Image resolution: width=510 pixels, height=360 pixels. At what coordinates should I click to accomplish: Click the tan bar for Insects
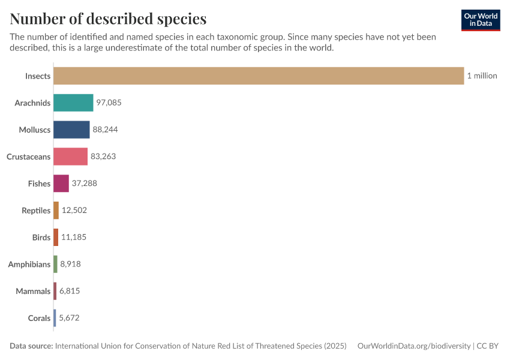click(258, 76)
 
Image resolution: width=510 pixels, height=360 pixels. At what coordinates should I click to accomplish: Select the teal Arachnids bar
click(73, 103)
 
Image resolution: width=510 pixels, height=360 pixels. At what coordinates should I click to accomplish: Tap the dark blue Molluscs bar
click(71, 130)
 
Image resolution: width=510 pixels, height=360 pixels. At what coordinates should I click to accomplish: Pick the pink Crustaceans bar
click(70, 157)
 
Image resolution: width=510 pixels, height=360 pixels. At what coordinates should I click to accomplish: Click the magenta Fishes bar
click(61, 184)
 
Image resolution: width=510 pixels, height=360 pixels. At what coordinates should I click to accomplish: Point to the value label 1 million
click(482, 76)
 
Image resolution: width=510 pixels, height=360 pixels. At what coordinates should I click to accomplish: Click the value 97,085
click(109, 103)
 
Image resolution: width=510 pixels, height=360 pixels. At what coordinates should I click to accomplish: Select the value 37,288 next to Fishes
click(84, 184)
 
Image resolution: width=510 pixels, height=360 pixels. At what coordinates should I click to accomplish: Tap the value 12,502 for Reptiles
click(74, 211)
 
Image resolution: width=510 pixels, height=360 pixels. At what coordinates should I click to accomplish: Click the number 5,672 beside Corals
click(69, 318)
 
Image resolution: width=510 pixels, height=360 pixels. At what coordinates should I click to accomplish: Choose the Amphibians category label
click(29, 264)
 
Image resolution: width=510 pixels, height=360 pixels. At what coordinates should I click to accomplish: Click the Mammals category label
click(33, 291)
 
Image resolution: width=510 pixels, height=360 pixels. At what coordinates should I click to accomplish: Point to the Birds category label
click(41, 238)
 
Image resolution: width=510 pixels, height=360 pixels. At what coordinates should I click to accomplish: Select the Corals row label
click(39, 318)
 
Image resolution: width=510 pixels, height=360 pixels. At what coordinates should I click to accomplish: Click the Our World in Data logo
click(481, 20)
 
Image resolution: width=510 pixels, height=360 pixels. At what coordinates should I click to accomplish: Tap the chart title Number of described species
click(108, 19)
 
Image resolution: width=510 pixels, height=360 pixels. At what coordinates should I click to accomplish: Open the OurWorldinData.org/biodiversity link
click(413, 346)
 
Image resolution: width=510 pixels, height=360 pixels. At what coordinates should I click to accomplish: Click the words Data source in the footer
click(31, 346)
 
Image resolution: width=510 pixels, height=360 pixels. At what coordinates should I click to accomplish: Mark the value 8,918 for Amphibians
click(70, 264)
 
